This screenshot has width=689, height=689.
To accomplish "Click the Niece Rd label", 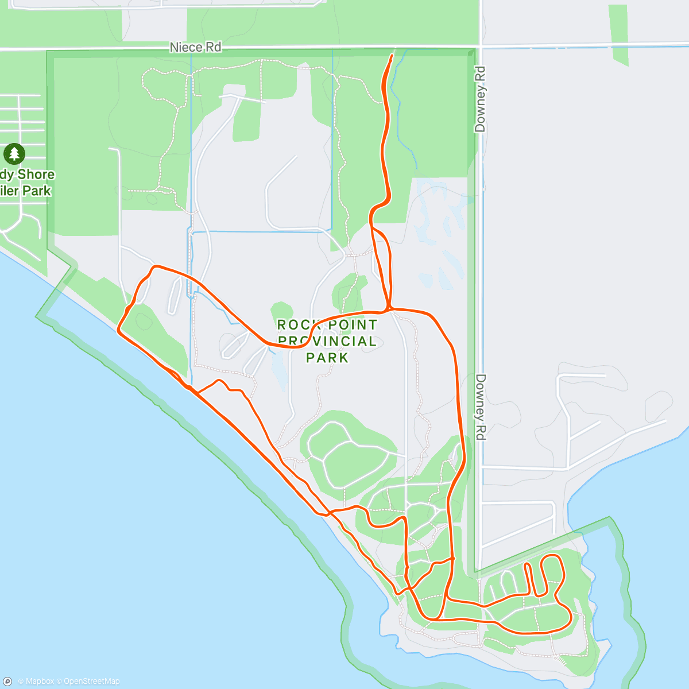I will point(195,47).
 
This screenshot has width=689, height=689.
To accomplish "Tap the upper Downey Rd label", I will point(481,99).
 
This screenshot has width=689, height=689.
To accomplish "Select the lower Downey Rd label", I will point(481,407).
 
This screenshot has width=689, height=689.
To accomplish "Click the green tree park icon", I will point(14,154).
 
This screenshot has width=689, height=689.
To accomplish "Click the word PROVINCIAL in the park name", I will point(327,341).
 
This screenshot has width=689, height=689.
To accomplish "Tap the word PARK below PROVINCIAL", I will point(327,358).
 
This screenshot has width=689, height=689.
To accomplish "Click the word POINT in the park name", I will point(353,325).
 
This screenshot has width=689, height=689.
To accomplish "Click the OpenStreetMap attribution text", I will point(91,682).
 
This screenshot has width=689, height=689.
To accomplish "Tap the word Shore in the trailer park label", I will point(36,175).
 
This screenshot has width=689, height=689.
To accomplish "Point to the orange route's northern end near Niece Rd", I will point(392,56).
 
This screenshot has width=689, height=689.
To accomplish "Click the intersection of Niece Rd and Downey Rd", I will point(481,45).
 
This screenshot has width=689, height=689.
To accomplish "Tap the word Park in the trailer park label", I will point(37,191).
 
